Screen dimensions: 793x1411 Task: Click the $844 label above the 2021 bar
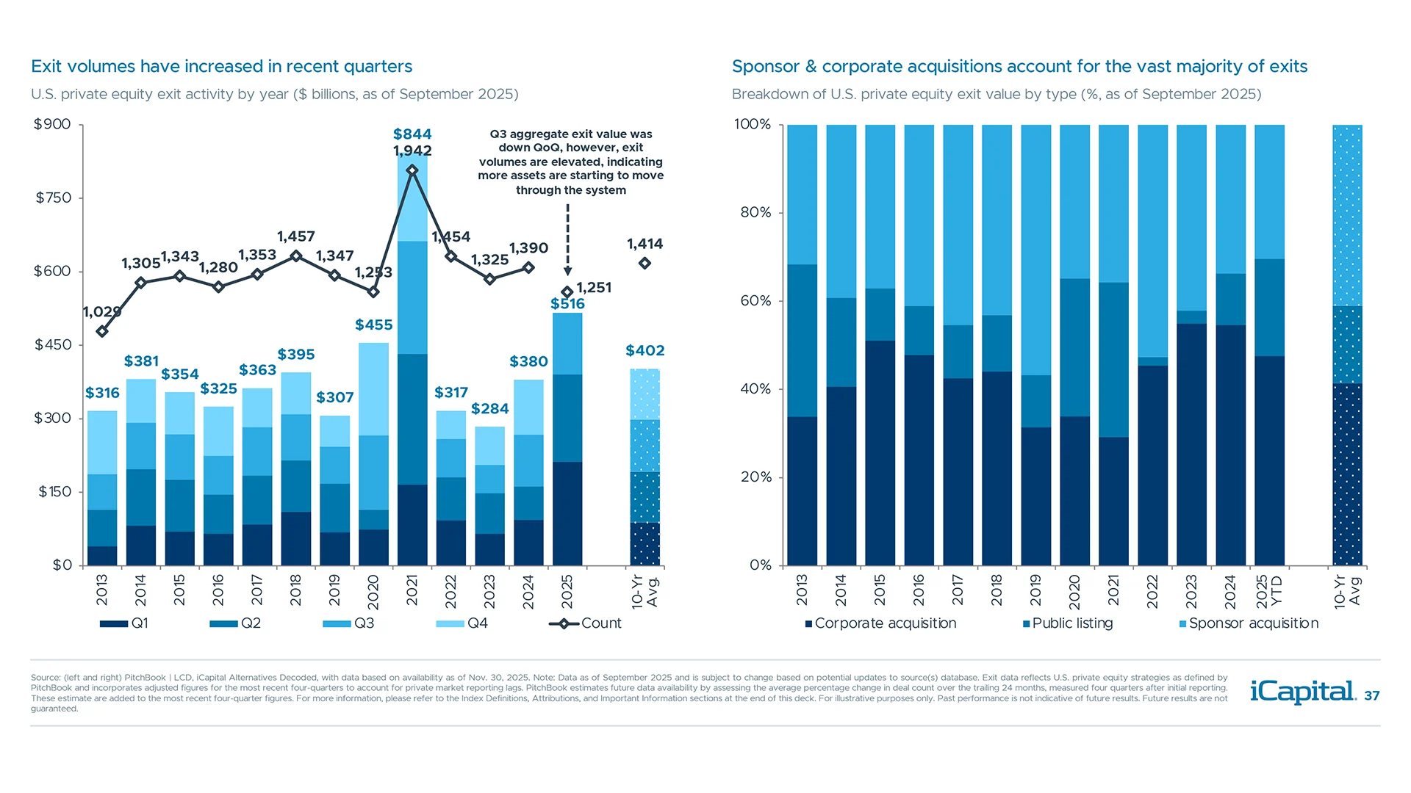[412, 134]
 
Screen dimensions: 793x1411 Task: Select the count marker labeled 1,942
[412, 170]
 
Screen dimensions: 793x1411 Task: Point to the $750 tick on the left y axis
[53, 198]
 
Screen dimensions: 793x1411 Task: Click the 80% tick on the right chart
[755, 212]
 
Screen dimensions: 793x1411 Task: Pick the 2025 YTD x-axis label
[1269, 591]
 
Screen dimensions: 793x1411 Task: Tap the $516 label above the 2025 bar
[567, 303]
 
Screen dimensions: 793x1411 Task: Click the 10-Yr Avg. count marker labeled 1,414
[645, 263]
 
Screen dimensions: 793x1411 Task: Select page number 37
[1371, 695]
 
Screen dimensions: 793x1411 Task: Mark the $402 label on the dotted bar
[645, 350]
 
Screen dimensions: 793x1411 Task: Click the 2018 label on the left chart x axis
[295, 590]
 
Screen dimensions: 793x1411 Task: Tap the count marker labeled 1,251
[567, 292]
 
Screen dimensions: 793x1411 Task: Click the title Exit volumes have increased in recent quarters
[221, 66]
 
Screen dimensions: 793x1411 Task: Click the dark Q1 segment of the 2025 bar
[567, 513]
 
